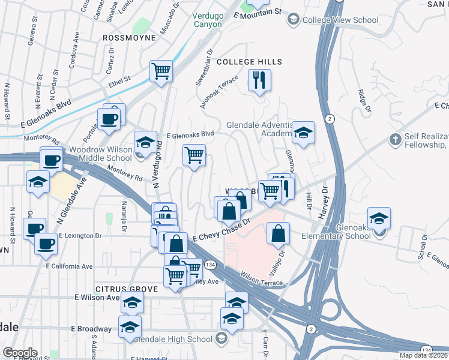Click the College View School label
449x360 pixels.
pyautogui.click(x=340, y=20)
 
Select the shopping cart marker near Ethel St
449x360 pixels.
pyautogui.click(x=161, y=72)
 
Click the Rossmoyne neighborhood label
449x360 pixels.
pyautogui.click(x=129, y=37)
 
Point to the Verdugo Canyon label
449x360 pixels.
pyautogui.click(x=208, y=20)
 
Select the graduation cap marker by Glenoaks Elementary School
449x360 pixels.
pyautogui.click(x=379, y=219)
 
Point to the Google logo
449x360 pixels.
pyautogui.click(x=20, y=353)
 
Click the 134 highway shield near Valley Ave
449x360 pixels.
pyautogui.click(x=211, y=265)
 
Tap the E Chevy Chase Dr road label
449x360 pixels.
pyautogui.click(x=221, y=231)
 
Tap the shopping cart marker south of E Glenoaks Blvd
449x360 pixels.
pyautogui.click(x=194, y=156)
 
